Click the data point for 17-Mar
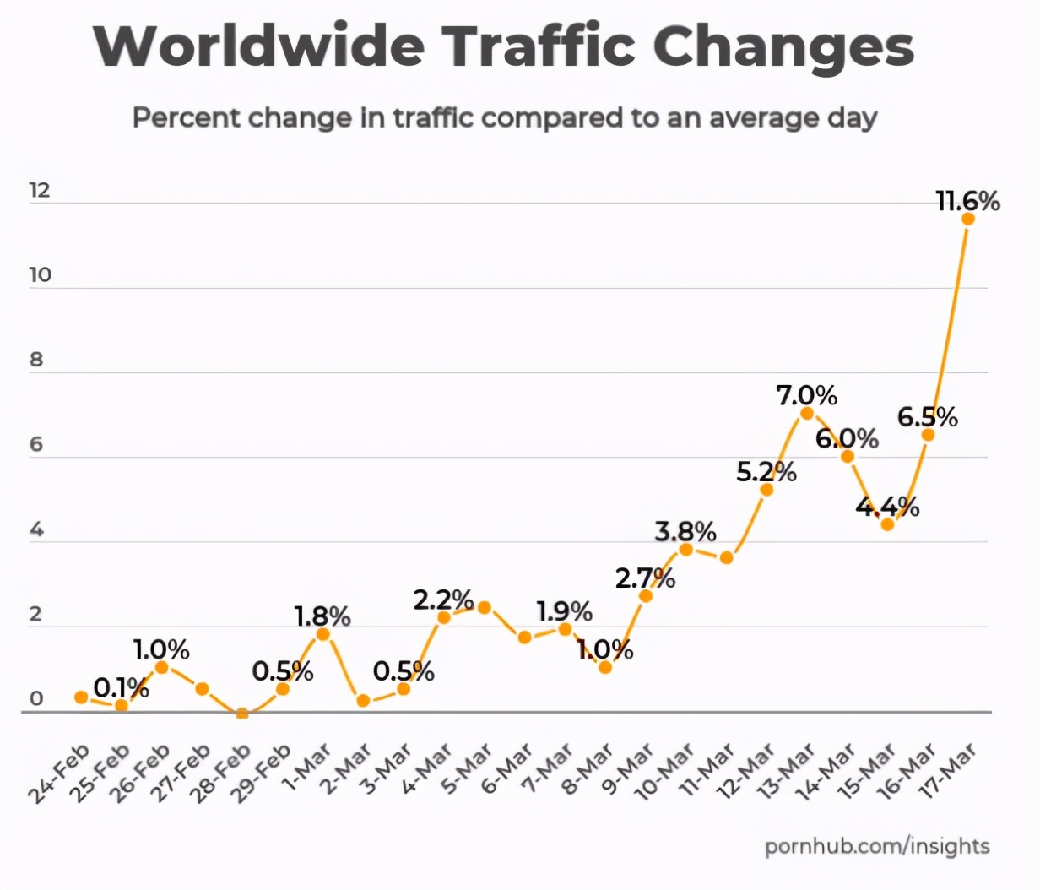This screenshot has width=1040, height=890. [x=968, y=219]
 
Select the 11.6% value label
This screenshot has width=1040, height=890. [x=967, y=201]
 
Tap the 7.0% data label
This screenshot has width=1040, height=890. [x=807, y=395]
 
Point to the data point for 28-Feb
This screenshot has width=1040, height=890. [x=242, y=714]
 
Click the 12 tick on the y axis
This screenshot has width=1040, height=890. [x=40, y=190]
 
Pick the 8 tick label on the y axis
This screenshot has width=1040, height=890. [x=36, y=360]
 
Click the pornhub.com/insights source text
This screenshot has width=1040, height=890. [x=877, y=846]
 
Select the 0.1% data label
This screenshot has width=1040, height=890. [x=122, y=688]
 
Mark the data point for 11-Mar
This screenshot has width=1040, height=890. [x=726, y=557]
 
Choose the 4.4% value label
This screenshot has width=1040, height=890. [x=887, y=507]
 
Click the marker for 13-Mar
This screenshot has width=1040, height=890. [x=807, y=413]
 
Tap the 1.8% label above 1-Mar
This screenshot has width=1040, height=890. [x=322, y=616]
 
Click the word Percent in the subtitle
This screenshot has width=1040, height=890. [x=186, y=117]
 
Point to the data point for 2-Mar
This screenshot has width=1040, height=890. [x=363, y=701]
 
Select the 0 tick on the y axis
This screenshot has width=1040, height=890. [x=36, y=699]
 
